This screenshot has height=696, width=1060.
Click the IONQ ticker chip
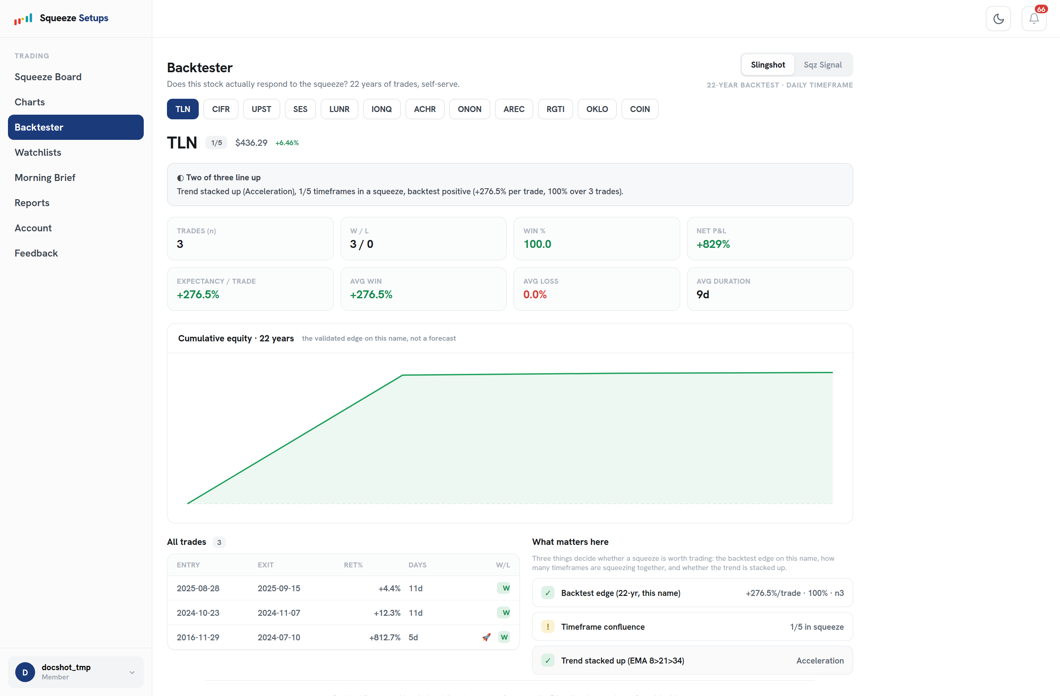point(382,109)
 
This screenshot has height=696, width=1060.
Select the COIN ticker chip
point(640,109)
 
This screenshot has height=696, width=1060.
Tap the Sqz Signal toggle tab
point(822,65)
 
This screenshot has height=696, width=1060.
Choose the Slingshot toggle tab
point(768,65)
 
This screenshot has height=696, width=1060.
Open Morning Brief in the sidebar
point(45,178)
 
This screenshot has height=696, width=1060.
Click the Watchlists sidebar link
point(38,152)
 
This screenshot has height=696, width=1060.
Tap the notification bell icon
point(1034,19)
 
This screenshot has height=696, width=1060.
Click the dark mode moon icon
point(998,19)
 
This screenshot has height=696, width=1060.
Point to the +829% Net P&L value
point(713,244)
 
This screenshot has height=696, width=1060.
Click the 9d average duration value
point(703,295)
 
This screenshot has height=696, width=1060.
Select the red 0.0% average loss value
point(535,295)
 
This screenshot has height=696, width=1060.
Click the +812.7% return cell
point(385,638)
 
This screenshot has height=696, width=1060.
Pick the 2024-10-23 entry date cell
point(198,613)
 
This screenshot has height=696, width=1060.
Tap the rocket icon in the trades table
point(486,637)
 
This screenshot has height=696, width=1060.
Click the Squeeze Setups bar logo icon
point(23,19)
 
